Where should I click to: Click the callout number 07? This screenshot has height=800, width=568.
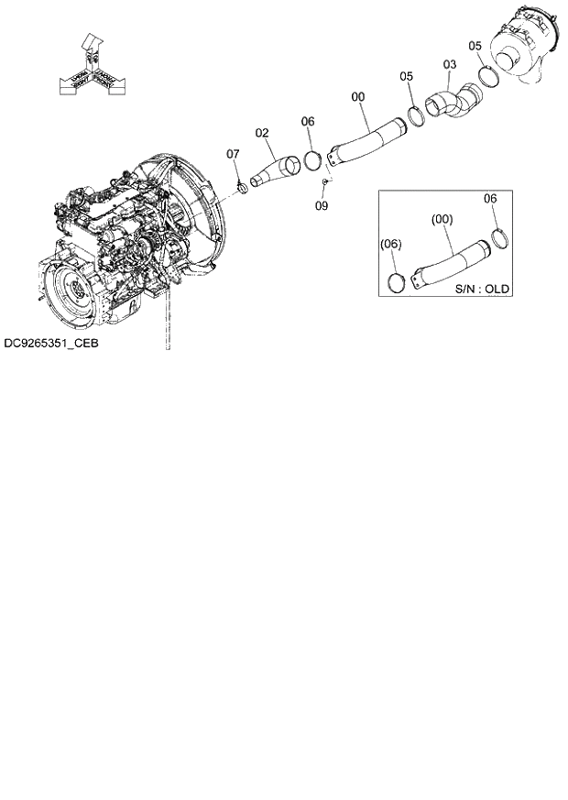[233, 154]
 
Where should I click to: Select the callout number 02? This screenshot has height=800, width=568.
[262, 133]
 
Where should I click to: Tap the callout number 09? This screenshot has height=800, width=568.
[322, 206]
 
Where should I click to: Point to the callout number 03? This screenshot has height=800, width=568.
[449, 65]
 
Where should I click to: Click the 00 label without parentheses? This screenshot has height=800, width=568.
[357, 95]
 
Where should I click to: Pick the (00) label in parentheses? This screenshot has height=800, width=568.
[442, 220]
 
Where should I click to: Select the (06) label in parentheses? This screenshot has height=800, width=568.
[390, 244]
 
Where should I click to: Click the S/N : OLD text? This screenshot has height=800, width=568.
[482, 289]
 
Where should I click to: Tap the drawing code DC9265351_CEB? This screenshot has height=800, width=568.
[50, 344]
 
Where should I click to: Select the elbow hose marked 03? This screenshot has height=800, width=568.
[448, 101]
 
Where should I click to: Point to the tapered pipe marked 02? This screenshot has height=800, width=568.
[278, 172]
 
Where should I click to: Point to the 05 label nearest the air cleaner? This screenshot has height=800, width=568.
[475, 45]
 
